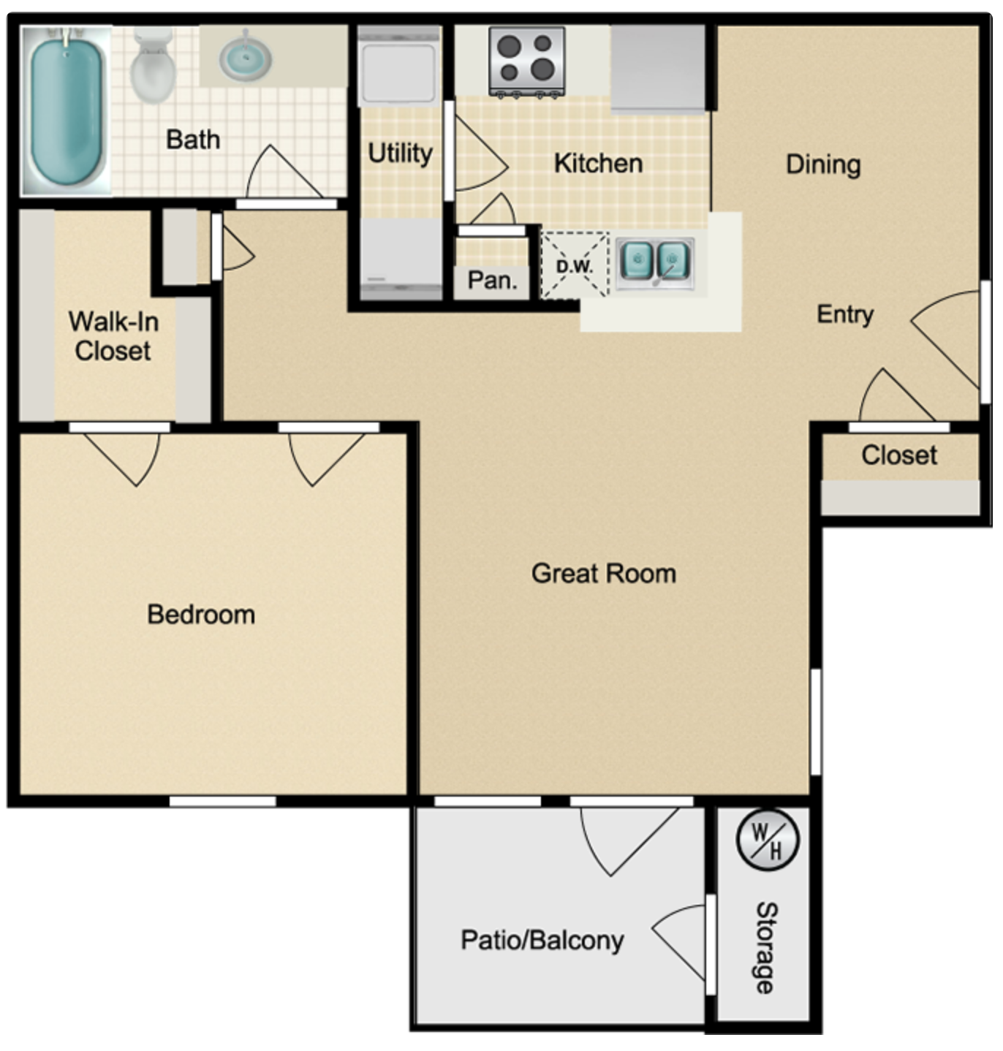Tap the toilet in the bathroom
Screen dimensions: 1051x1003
153,66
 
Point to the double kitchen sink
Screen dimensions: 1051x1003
654,261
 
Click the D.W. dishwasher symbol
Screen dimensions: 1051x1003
575,265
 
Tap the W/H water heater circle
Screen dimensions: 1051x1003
767,840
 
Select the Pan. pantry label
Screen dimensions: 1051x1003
492,280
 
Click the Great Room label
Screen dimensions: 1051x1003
603,574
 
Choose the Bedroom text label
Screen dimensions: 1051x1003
201,615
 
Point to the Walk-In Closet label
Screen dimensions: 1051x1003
113,336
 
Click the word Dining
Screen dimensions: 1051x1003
822,164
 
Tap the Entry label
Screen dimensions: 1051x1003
844,314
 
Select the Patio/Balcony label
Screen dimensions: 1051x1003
542,940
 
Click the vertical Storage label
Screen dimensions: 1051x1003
765,947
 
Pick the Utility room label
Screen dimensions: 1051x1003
400,153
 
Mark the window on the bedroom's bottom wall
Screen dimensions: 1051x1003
222,801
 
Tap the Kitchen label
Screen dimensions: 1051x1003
598,164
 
